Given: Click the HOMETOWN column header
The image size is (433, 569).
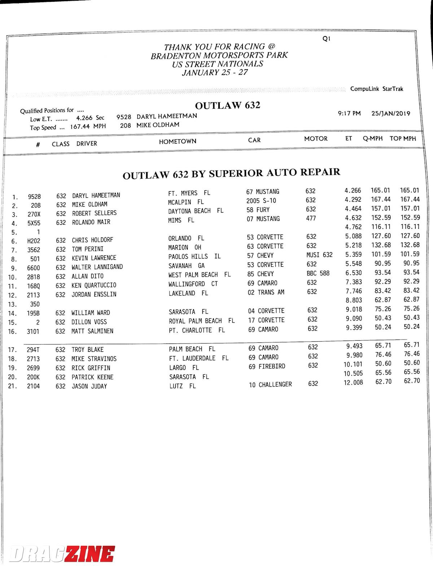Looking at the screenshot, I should click(x=178, y=141).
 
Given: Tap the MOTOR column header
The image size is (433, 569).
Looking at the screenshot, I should click(x=316, y=139).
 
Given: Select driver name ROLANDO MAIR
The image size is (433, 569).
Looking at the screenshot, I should click(x=91, y=222).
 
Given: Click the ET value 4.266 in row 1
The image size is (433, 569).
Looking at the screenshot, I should click(x=353, y=191).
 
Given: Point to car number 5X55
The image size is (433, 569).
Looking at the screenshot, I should click(x=34, y=223).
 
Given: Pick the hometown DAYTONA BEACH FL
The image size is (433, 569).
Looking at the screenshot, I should click(x=196, y=211).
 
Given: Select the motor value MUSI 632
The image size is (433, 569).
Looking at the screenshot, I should click(x=319, y=255).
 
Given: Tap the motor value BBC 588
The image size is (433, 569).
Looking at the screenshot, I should click(x=318, y=273).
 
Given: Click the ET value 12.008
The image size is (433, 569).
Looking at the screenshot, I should click(x=353, y=382).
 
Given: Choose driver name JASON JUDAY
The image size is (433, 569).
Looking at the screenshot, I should click(x=89, y=386).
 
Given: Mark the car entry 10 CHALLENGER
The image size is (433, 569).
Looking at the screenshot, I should click(x=270, y=385).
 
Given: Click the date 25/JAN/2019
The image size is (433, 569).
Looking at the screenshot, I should click(x=391, y=113).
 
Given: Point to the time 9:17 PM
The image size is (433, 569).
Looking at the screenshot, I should click(x=349, y=113).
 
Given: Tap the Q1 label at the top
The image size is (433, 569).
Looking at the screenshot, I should click(x=326, y=39).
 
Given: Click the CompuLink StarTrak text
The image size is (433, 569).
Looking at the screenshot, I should click(x=376, y=89).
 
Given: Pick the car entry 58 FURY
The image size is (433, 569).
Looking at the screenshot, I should click(x=258, y=210).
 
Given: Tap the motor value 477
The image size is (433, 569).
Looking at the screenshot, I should click(x=311, y=218).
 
